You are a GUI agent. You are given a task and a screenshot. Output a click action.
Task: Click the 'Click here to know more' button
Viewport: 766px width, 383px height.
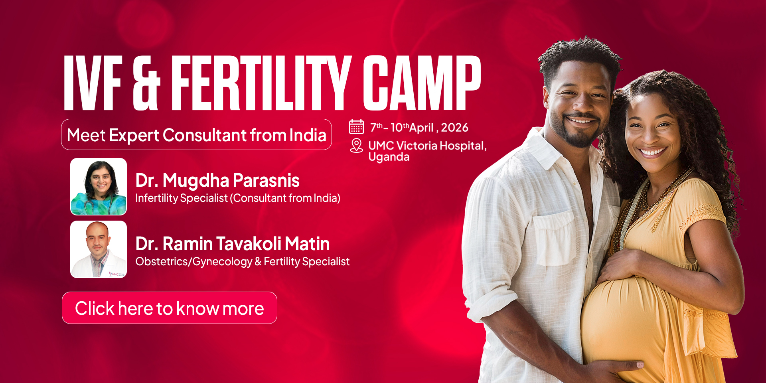170,308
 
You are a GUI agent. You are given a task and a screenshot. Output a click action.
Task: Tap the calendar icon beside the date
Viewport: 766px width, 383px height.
356,127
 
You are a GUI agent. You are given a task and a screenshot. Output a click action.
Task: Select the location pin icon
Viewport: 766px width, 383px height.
356,146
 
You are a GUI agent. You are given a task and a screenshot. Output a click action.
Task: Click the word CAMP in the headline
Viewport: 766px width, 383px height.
422,83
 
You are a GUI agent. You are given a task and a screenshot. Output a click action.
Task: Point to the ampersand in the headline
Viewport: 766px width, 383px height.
146,83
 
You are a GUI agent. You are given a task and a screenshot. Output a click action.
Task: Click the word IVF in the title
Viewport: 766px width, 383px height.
93,83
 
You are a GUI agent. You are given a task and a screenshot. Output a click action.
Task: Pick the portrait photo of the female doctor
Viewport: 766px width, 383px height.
99,186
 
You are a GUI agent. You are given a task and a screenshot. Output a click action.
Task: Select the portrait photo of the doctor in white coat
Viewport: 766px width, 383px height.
99,249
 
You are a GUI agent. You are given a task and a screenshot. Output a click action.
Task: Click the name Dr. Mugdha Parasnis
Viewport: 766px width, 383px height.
217,181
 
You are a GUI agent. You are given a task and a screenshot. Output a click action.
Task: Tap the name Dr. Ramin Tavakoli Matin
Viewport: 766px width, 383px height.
233,244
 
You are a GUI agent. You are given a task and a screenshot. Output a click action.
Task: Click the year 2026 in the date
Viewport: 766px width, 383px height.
454,128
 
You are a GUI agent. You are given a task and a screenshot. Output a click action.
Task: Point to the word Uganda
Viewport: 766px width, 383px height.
389,157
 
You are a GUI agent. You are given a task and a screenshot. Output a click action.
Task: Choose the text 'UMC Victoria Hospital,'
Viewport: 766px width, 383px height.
428,146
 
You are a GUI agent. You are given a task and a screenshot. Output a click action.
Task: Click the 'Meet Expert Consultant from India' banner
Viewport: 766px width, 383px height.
196,134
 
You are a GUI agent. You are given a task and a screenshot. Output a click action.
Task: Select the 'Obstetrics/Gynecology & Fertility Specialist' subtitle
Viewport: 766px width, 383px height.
243,261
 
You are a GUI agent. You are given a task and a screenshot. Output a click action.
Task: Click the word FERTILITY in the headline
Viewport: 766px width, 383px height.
262,83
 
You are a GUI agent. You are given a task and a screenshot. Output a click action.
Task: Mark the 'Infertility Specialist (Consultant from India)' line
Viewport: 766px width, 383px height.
238,198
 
